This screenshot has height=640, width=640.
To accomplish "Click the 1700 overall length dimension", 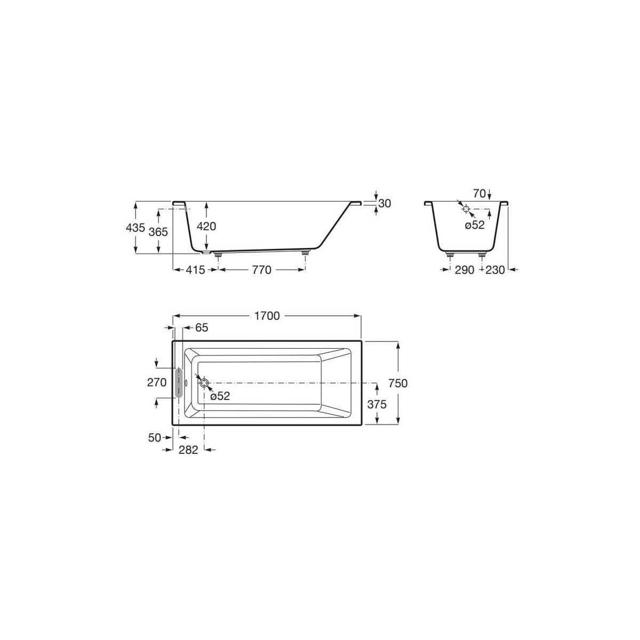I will coord(267,316).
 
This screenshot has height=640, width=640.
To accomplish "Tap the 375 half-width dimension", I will coord(377,404).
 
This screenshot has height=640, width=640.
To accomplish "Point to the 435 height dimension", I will coord(135,228).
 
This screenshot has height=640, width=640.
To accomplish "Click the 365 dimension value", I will coord(158,231).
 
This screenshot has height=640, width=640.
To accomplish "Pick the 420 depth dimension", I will coord(206,226).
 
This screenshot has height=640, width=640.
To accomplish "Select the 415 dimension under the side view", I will coord(196,270).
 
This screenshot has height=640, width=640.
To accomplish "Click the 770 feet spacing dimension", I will coord(261,270).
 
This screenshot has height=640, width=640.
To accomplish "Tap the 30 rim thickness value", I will coord(385,203).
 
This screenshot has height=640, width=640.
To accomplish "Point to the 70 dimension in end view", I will coord(479,194).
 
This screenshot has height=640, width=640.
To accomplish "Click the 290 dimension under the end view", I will coord(465,270).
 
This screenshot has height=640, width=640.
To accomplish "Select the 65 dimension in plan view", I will coord(201,327).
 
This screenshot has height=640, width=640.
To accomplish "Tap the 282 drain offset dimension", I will coord(188,450).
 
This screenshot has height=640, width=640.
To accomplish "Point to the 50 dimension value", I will coord(155,437).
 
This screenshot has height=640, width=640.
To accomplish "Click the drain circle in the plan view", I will coord(204,382).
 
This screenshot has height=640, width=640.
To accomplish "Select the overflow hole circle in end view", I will coord(466,209).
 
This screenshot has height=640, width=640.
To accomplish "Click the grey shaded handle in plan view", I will coord(178,382).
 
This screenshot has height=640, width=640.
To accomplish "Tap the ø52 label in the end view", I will coord(474,225).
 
